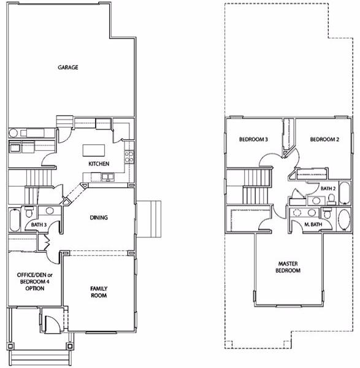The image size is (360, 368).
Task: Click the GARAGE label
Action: (68, 67)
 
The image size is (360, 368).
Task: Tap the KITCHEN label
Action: (99, 164)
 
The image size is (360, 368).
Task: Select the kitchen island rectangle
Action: (94, 150)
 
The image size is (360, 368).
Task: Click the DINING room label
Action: (99, 218)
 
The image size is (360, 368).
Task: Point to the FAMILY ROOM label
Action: (99, 292)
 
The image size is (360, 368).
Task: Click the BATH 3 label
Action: (39, 224)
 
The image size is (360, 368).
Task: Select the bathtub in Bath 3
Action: (15, 220)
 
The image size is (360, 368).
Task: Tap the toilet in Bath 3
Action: (29, 212)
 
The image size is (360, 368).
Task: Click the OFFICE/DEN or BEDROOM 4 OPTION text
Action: (35, 282)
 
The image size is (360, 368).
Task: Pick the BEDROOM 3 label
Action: (253, 139)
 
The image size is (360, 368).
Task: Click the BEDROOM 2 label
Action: (324, 139)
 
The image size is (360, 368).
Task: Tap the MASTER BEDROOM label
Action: (288, 267)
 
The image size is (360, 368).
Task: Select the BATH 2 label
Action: (328, 188)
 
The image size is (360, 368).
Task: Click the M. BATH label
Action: (313, 224)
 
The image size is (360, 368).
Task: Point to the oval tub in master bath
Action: (344, 220)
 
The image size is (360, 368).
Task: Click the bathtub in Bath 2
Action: (344, 193)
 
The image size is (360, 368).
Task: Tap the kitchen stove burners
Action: (129, 157)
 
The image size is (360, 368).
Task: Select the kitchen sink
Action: (108, 177)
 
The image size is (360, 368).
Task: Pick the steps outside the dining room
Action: (149, 219)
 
